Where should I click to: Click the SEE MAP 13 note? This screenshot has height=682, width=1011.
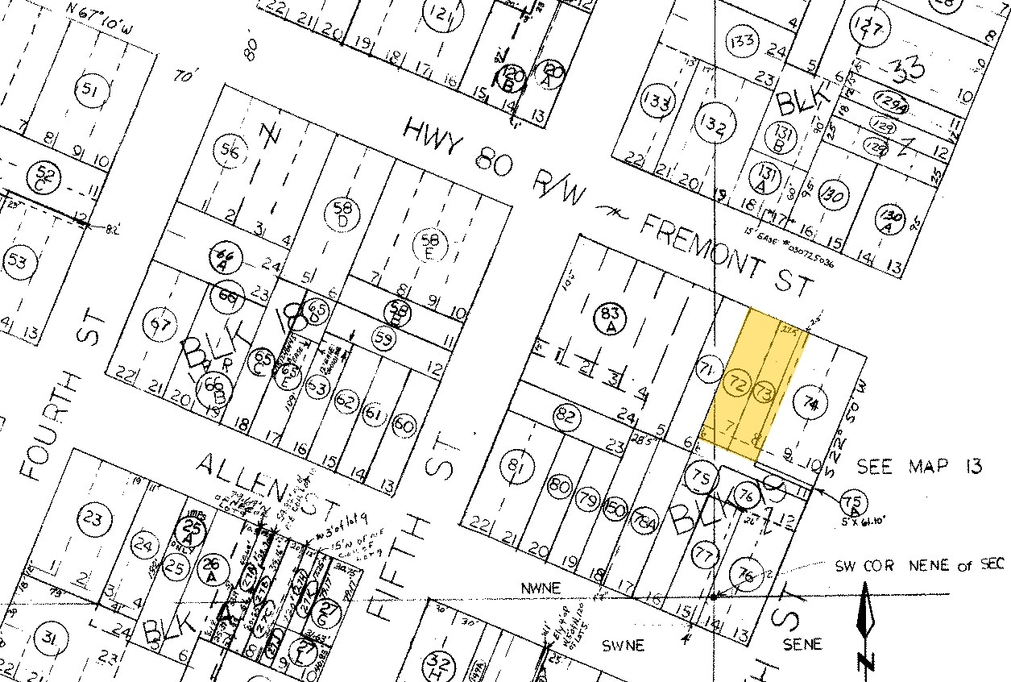click(x=918, y=467)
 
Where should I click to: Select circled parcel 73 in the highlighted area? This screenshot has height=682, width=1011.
click(x=764, y=393)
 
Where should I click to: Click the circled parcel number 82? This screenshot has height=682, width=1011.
click(x=566, y=416)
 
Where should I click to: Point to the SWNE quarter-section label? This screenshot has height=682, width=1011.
click(x=624, y=645)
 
